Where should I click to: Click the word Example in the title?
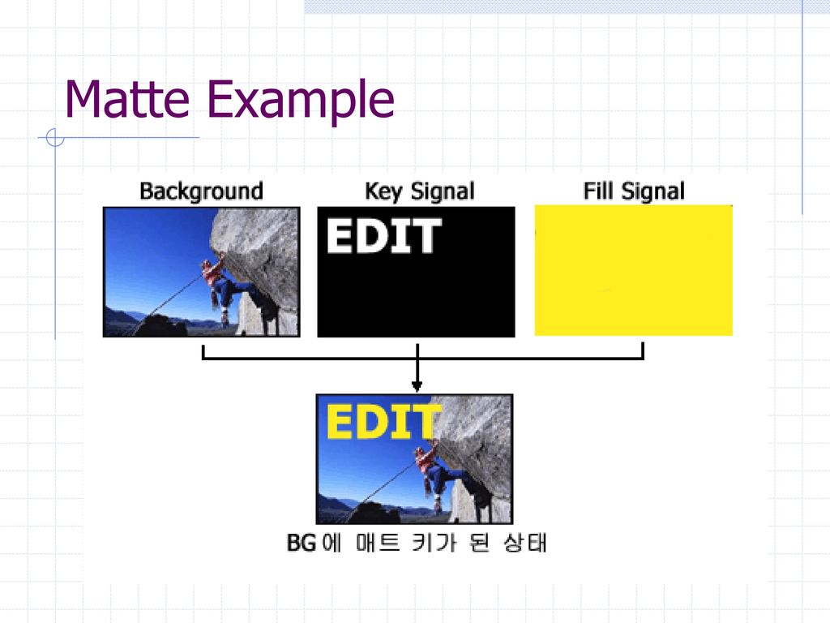(x=301, y=101)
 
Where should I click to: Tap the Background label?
(x=201, y=191)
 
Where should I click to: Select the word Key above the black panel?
(x=383, y=191)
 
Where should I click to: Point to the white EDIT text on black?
(x=383, y=236)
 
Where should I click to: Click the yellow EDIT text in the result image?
(x=383, y=421)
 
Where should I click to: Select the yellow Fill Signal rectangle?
(x=634, y=270)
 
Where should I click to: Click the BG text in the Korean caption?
(x=302, y=543)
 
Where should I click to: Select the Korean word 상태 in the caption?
(x=525, y=543)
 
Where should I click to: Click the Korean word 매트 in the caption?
(x=378, y=543)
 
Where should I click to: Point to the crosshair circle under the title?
(x=55, y=137)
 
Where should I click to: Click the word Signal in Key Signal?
(x=443, y=191)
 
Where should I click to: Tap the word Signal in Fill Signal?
(x=652, y=191)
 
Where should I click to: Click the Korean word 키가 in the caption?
(x=434, y=543)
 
